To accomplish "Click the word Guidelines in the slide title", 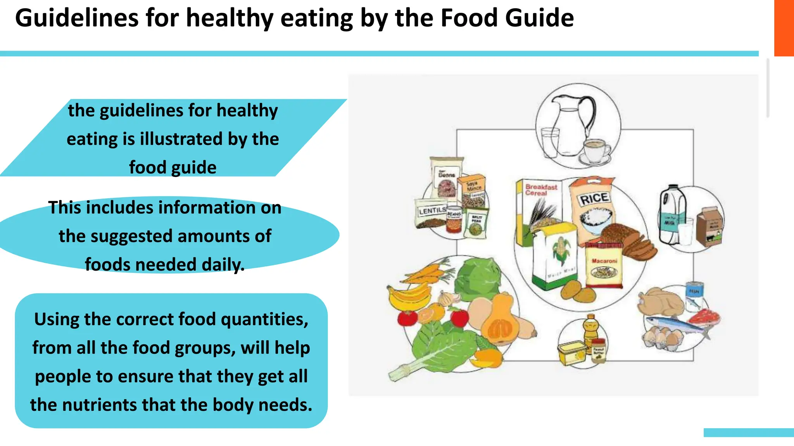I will (x=77, y=18).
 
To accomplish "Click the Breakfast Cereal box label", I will (x=541, y=190).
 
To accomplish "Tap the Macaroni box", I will (x=604, y=265).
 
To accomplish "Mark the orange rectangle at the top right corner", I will (x=784, y=28).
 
